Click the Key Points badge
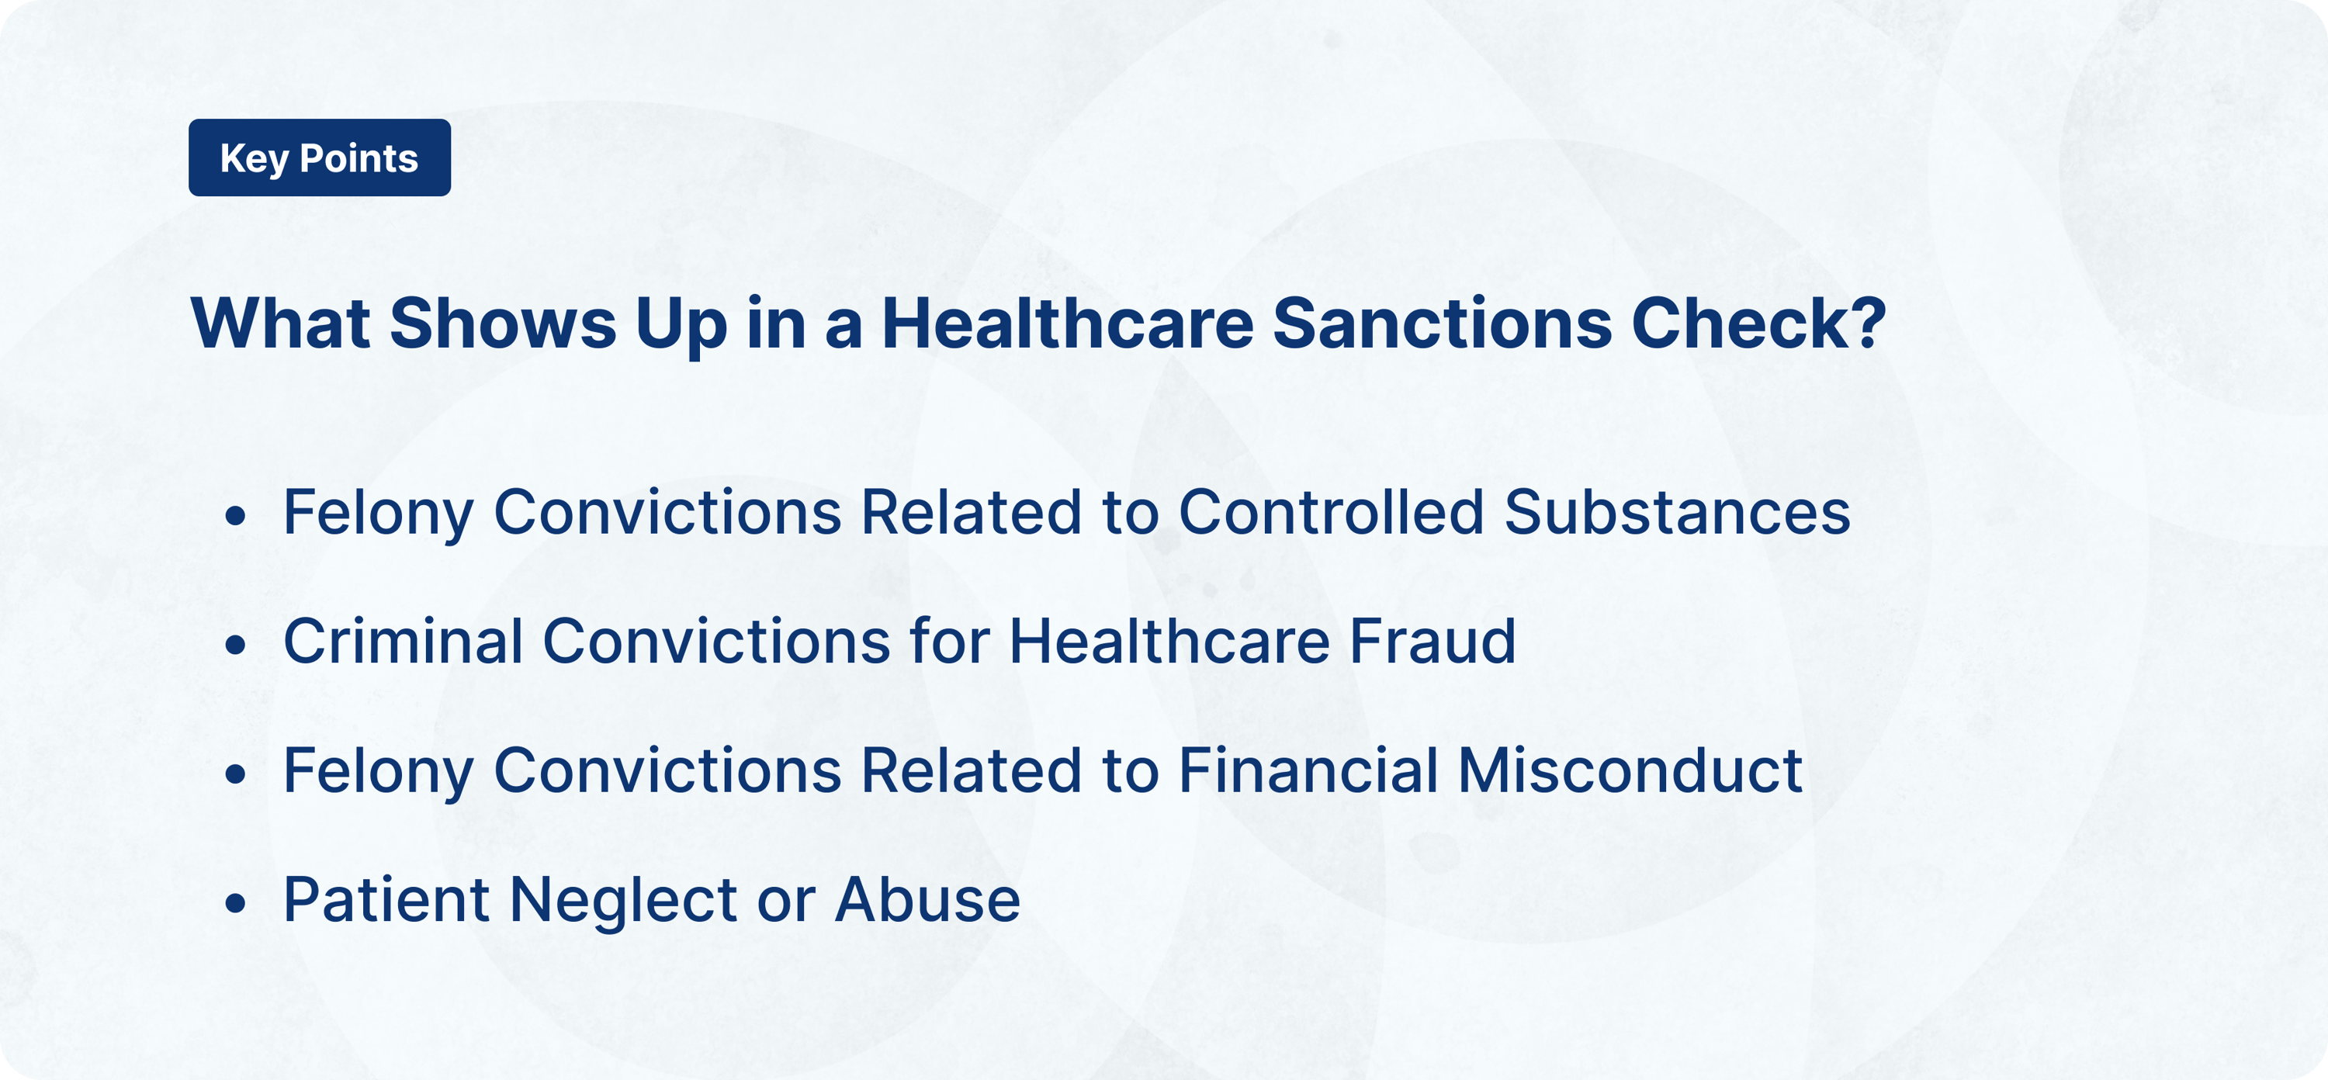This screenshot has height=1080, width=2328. click(319, 158)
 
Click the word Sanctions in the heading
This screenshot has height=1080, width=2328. click(1443, 323)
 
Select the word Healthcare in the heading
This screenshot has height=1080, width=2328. click(1067, 323)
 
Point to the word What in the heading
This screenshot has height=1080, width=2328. click(280, 323)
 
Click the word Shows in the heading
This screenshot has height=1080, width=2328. click(503, 323)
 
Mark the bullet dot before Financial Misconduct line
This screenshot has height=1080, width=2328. click(236, 774)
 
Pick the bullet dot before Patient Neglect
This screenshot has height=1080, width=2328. click(236, 904)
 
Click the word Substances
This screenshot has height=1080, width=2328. click(1677, 512)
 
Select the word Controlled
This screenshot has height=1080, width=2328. click(1331, 512)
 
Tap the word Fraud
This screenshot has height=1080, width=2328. click(1432, 642)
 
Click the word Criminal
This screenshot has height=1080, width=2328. click(403, 642)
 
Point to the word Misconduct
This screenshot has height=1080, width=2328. click(1630, 771)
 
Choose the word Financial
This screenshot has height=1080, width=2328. click(1308, 771)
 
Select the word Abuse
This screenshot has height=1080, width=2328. click(927, 900)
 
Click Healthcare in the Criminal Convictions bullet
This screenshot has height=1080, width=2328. click(1169, 642)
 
